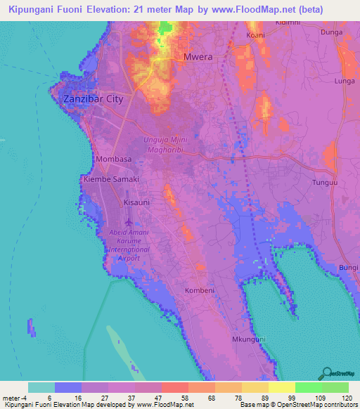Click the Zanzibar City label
tap(94, 99)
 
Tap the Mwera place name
tap(198, 57)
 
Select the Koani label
tap(256, 35)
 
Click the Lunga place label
tap(345, 82)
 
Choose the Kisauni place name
tap(137, 202)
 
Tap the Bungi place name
tap(349, 268)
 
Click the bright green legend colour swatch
tap(308, 387)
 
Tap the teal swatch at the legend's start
tap(41, 387)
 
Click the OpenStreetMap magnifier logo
tap(326, 374)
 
